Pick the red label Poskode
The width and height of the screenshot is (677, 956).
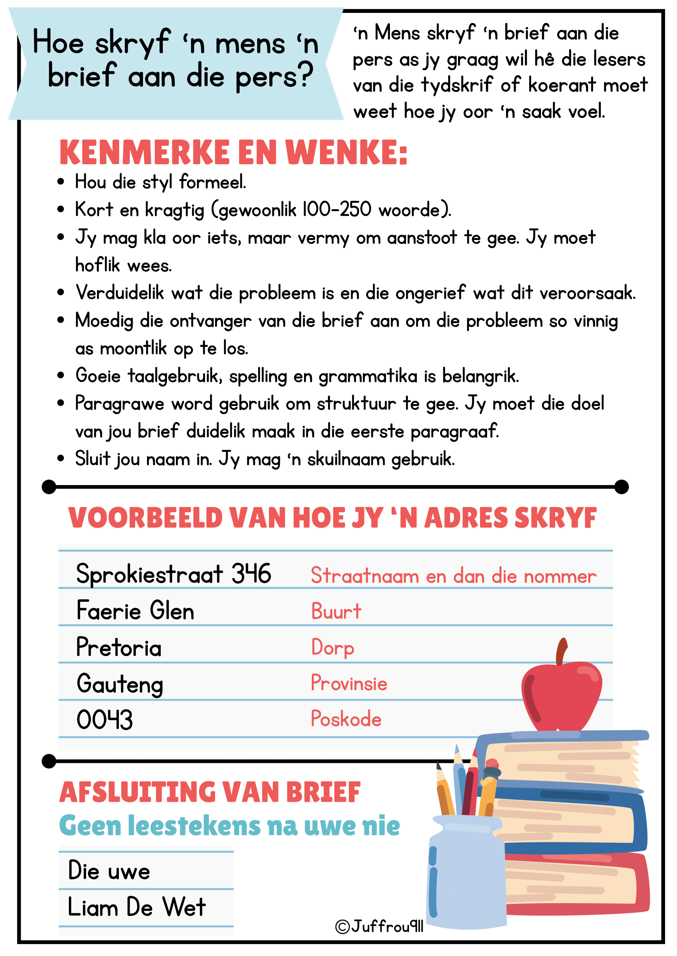click(346, 719)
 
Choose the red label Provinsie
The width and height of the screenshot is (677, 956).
click(349, 683)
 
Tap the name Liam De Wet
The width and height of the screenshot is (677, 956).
click(137, 907)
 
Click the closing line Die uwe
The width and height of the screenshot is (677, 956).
click(109, 871)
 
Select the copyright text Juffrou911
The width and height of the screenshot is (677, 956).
click(379, 927)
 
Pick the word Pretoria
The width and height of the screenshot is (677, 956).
click(119, 647)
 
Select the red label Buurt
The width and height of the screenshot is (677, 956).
click(336, 611)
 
